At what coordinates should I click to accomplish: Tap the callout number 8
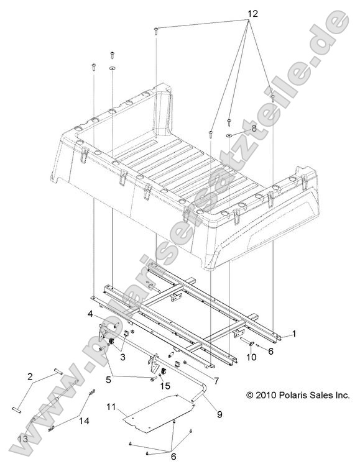(253, 128)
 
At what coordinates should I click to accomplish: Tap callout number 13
(22, 439)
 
